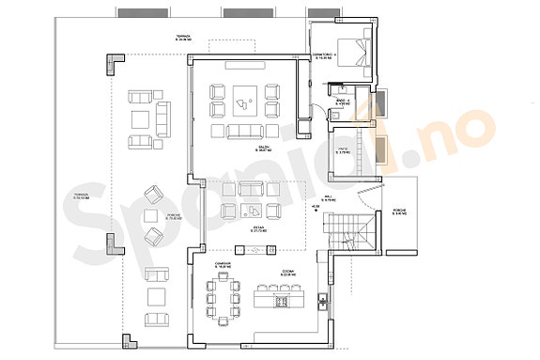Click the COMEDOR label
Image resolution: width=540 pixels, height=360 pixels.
tap(224, 265)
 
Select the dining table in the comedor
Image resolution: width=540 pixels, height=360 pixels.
tap(224, 303)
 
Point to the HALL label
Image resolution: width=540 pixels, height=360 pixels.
tap(328, 197)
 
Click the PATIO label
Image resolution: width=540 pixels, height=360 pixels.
tap(345, 149)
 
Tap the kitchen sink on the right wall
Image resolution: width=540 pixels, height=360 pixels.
tap(322, 303)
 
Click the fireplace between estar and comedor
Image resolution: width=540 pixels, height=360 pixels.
tap(253, 249)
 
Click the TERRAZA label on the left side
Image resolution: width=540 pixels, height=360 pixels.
tap(81, 198)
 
